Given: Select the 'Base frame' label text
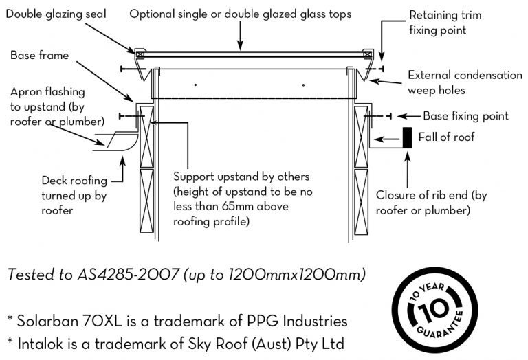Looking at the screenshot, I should [39, 56].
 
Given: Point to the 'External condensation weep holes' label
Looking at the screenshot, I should [464, 82].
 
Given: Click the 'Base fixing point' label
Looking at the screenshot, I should [465, 116].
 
